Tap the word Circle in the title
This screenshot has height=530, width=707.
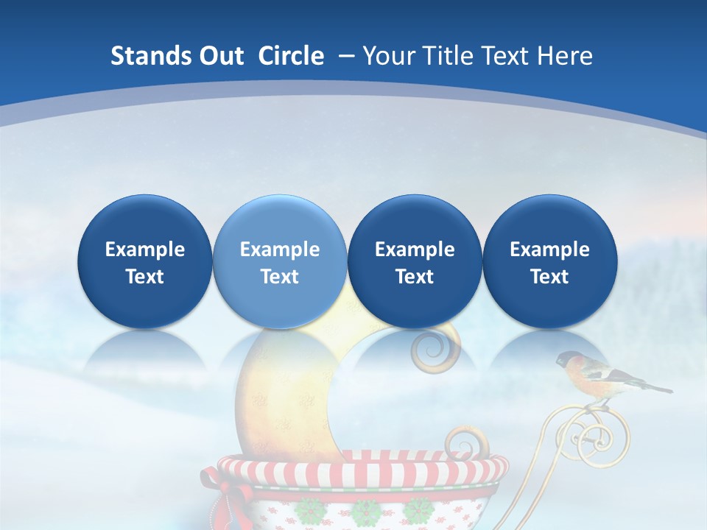(x=291, y=56)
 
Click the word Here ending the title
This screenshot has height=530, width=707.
(x=565, y=56)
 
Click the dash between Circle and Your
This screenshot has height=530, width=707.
(x=345, y=56)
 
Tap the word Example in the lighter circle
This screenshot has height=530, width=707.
(x=279, y=250)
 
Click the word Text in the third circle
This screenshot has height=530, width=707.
(x=415, y=277)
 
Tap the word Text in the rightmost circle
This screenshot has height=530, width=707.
(x=549, y=277)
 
